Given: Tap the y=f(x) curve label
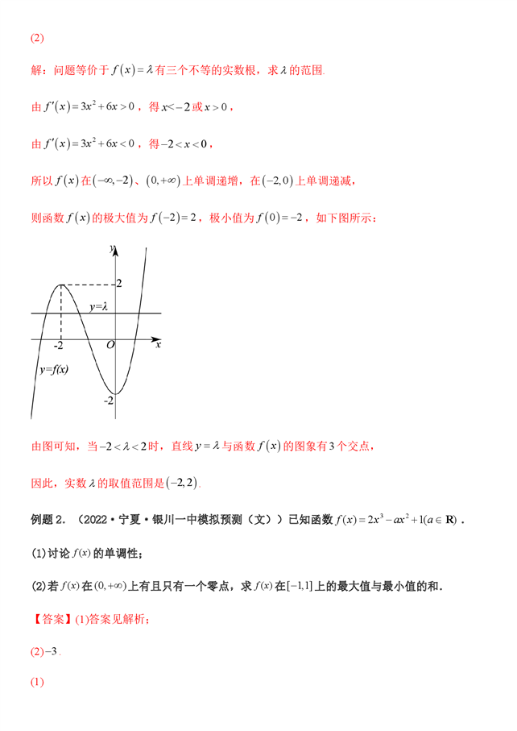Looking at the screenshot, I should coord(54,370).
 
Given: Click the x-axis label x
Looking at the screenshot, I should coord(158,344).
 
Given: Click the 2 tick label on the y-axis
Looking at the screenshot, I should coord(119,284).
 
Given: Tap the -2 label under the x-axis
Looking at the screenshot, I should coord(59,346).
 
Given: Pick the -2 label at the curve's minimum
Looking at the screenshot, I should coord(108,399).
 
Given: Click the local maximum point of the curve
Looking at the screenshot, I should coord(61,285).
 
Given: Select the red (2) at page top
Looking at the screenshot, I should coord(37,39).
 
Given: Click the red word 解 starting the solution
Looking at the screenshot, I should coord(35,71).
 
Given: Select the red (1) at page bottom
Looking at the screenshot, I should coord(37,683).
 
